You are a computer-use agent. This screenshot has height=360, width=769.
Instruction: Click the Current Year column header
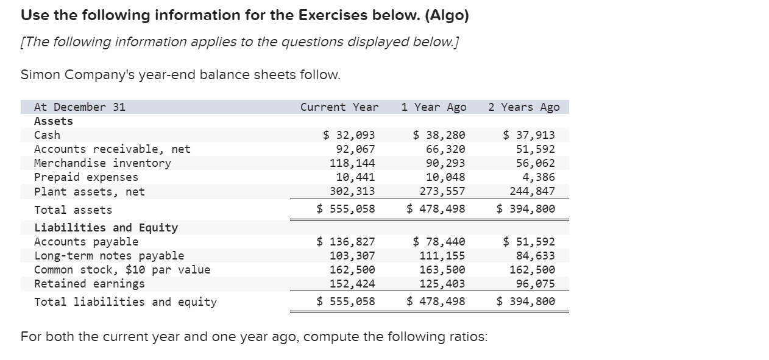point(339,107)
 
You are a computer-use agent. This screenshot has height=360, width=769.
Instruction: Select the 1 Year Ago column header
point(433,107)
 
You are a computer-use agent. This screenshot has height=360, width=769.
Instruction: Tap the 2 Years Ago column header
point(523,107)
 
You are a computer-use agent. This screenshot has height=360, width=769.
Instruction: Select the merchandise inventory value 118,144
point(352,163)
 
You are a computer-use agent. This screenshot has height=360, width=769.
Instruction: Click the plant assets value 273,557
point(442,191)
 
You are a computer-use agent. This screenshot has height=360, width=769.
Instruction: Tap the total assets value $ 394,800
point(526,210)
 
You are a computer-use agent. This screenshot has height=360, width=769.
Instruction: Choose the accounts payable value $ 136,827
point(346,242)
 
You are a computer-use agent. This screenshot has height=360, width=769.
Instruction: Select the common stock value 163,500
point(442,270)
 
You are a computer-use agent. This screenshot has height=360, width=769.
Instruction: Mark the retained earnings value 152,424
point(352,284)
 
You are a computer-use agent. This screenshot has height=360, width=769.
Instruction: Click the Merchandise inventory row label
point(102,163)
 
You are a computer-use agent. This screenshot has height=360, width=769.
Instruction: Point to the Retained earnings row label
point(90,284)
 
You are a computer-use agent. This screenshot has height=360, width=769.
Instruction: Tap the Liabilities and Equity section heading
point(106,228)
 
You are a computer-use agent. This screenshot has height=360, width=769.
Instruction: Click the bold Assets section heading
point(54,121)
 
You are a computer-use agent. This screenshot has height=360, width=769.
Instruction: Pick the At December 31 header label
point(80,107)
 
